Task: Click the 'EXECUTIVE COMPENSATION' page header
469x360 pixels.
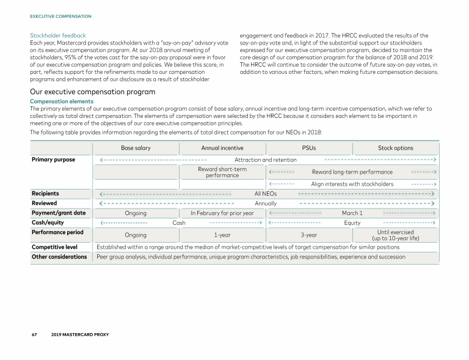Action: click(x=60, y=16)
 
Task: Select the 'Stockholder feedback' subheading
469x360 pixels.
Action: click(x=58, y=35)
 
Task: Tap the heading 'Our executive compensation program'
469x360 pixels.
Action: click(x=92, y=92)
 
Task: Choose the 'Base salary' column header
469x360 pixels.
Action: click(x=136, y=148)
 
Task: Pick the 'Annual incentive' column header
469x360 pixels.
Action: click(x=222, y=148)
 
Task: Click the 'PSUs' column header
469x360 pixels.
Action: click(x=309, y=148)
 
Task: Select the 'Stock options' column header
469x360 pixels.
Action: click(x=395, y=148)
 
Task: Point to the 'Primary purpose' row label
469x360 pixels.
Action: click(x=53, y=160)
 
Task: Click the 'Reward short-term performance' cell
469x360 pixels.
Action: click(x=222, y=172)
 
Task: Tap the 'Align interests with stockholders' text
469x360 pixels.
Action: click(x=352, y=184)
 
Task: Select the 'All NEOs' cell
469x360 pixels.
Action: click(x=266, y=194)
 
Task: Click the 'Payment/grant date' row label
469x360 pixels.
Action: click(x=59, y=213)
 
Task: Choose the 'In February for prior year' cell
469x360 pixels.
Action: click(x=222, y=213)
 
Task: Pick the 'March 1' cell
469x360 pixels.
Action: click(x=352, y=213)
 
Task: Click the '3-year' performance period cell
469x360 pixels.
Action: click(x=309, y=235)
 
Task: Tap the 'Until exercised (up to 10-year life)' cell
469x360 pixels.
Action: click(x=395, y=235)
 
